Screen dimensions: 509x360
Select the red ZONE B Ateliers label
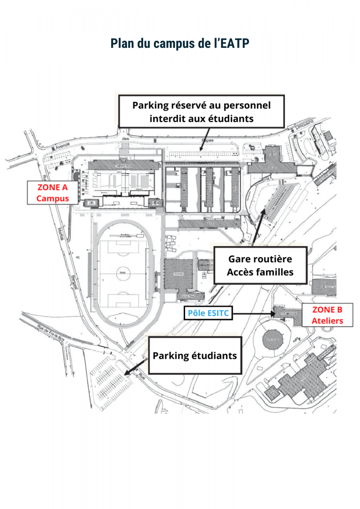point(327,315)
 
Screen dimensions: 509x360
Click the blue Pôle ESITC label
point(205,314)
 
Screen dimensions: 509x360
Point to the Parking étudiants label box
point(194,355)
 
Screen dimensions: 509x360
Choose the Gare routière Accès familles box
point(260,265)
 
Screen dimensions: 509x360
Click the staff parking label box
point(201,111)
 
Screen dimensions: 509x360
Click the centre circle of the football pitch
point(123,270)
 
